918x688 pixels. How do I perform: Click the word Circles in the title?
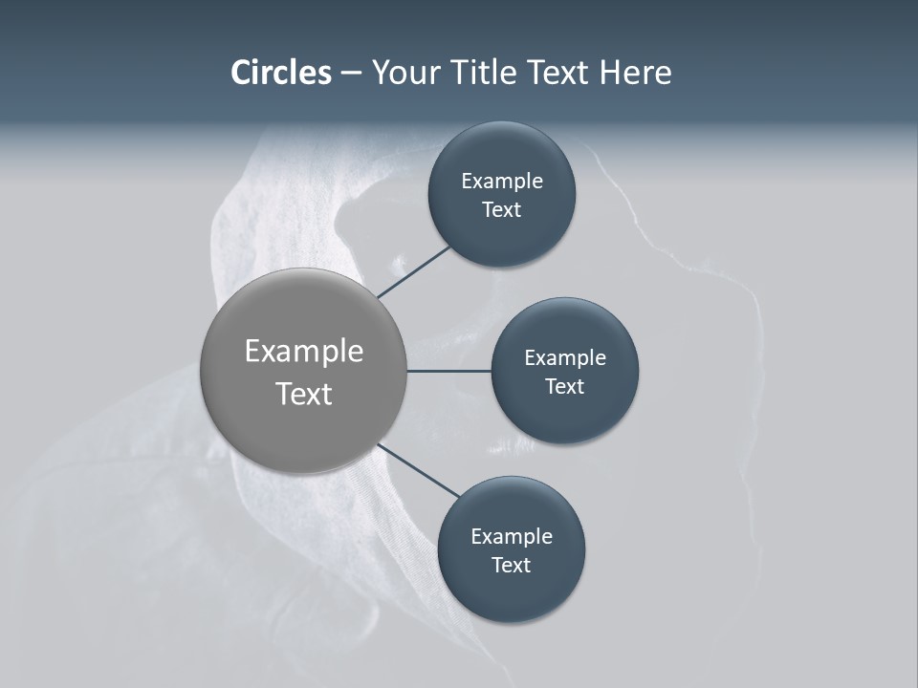point(281,73)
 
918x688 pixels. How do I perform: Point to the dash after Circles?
point(351,74)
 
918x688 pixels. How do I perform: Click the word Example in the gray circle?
point(304,352)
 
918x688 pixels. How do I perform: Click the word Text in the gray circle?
point(304,394)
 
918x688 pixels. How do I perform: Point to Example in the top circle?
point(502,182)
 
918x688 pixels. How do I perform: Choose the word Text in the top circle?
point(502,210)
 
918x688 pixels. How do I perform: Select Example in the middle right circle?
point(565,358)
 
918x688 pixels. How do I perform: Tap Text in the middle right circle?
point(565,387)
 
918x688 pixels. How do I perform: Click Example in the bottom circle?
point(512,537)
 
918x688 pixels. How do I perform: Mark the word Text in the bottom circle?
point(512,566)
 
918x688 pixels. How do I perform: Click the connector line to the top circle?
point(415,271)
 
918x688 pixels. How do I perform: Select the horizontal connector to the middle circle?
point(449,371)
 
